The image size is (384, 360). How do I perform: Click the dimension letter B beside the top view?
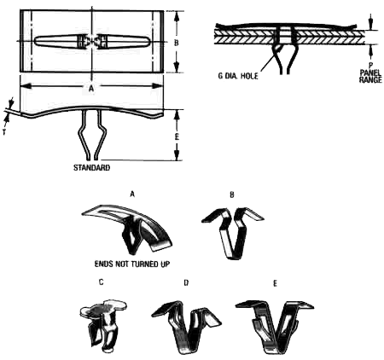[x=177, y=43]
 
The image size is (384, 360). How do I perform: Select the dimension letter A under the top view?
[x=91, y=89]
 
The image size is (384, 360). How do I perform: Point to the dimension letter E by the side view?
[x=177, y=136]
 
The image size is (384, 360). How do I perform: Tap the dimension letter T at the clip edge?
[x=4, y=132]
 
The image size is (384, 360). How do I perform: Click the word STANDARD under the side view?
[x=91, y=167]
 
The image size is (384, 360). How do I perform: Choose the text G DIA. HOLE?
[x=238, y=76]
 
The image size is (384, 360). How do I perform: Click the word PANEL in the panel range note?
[x=370, y=73]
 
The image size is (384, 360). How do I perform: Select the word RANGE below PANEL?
[x=370, y=79]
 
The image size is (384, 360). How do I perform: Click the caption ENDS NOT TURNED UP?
[x=132, y=264]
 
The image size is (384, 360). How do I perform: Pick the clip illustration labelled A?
[x=128, y=228]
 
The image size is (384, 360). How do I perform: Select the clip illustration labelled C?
[x=103, y=324]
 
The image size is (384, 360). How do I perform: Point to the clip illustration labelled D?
[x=186, y=327]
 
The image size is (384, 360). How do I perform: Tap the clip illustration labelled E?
[x=275, y=327]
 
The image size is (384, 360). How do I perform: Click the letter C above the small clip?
[x=101, y=282]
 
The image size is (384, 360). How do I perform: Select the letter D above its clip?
[x=186, y=282]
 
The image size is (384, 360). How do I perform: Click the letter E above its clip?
[x=275, y=283]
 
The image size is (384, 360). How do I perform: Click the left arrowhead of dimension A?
[x=26, y=85]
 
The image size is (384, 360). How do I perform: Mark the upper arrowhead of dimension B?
[x=177, y=16]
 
